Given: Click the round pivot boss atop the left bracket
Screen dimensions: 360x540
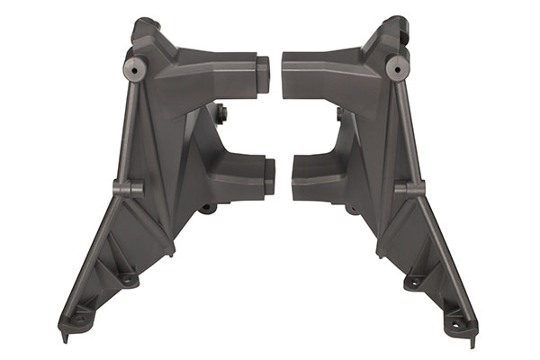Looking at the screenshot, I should click(136, 67).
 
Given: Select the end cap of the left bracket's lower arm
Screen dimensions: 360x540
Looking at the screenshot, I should click(267, 175).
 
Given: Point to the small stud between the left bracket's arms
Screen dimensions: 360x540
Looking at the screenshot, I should click(221, 112).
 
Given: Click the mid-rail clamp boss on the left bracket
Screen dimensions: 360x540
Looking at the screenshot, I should click(128, 188).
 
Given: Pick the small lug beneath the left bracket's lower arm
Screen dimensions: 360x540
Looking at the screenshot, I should click(208, 208).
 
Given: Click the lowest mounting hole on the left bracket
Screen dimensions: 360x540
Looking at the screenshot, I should click(80, 318).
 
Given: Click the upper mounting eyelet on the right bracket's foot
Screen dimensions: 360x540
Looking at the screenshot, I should click(413, 282).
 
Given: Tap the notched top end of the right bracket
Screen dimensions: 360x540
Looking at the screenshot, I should click(396, 24).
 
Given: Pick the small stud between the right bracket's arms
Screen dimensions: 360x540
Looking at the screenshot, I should click(340, 114).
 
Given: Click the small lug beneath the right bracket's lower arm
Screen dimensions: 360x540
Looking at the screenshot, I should click(351, 210).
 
